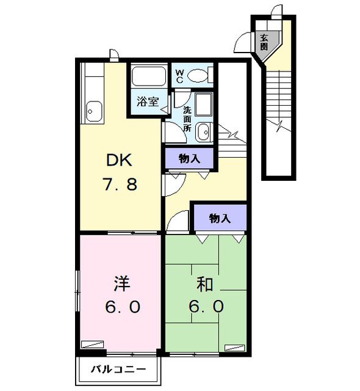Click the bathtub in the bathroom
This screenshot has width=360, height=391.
point(149,77)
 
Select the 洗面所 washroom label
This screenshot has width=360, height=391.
point(187,120)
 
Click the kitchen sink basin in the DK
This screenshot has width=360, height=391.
point(95,111)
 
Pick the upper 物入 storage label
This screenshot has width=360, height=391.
point(189,158)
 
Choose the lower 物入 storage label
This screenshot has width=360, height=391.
point(219,217)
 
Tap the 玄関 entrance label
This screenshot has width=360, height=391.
point(264,41)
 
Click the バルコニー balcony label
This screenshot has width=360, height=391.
point(118,370)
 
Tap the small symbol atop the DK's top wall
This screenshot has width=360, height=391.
point(113,55)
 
